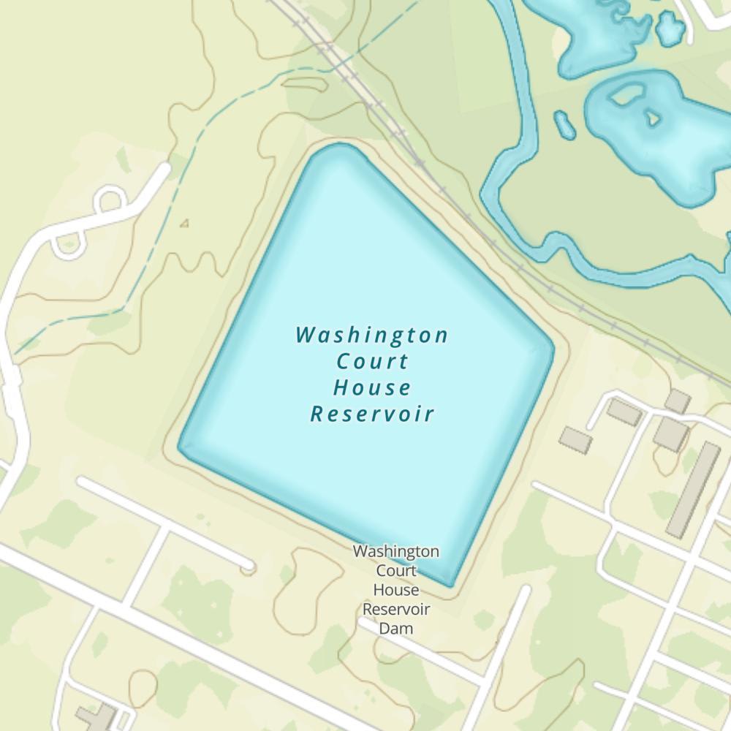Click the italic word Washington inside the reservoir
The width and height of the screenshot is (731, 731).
pos(371,335)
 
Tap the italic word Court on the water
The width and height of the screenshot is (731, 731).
pos(371,361)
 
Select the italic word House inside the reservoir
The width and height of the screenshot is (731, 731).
pos(371,387)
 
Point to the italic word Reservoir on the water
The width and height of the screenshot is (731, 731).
pos(371,414)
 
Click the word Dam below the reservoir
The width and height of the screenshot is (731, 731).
pos(395,628)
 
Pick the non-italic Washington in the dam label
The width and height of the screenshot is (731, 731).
pos(395,551)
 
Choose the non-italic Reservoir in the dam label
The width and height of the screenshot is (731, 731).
pos(395,609)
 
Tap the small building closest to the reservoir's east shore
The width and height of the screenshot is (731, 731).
pos(576,440)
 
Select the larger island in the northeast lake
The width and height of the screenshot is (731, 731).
pos(625,94)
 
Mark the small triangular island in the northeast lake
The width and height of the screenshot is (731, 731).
pos(650,116)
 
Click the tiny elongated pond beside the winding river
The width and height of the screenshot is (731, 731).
pos(564,124)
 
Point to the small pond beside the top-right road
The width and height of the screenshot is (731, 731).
pos(670,29)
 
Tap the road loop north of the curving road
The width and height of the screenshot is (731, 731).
pos(110,198)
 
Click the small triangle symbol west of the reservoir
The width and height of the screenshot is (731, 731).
pos(184,224)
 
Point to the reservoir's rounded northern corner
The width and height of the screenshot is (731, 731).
pos(338,149)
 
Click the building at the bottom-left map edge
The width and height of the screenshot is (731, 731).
pos(99,717)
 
